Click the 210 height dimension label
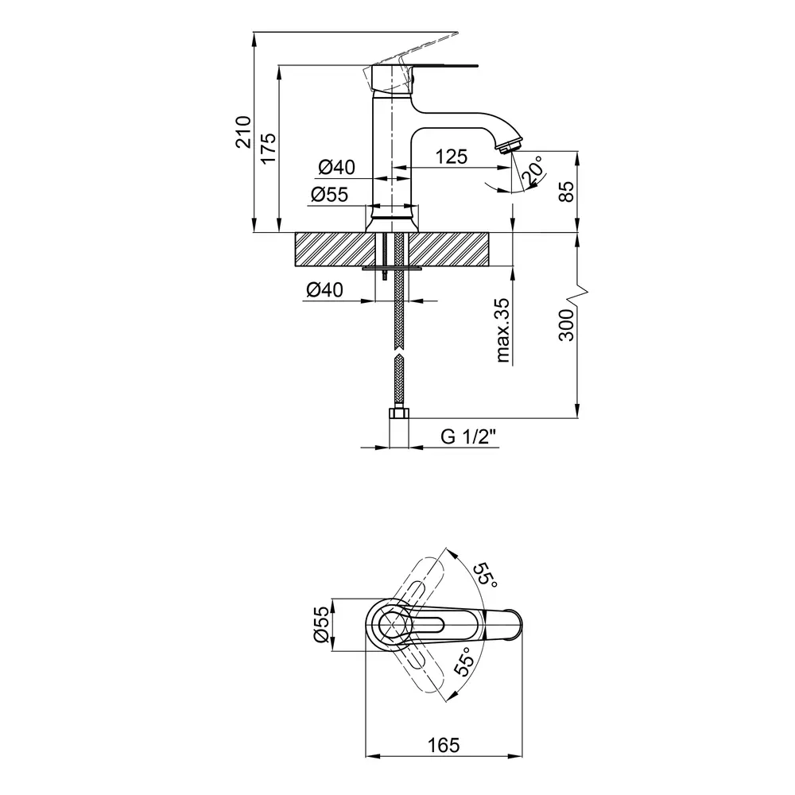243,132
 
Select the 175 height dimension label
269,148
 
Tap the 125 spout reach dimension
451,157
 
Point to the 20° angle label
532,170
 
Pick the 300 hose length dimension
566,325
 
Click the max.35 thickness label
503,330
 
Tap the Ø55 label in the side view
330,194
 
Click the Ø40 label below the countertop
324,290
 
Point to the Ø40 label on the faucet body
336,167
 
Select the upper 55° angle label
485,575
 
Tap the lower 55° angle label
464,661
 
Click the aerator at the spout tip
509,147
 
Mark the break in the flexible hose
400,352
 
